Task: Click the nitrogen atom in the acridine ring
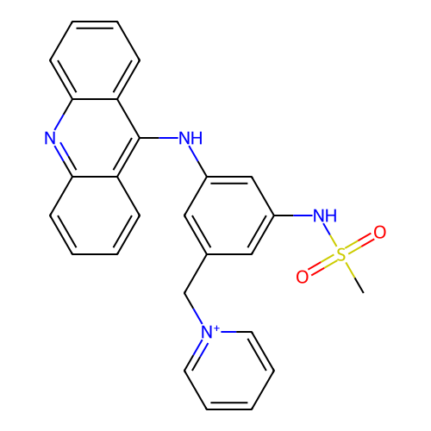[x=50, y=138]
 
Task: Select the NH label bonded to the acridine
[x=191, y=138]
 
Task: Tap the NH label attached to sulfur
[x=325, y=215]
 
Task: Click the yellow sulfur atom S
[x=341, y=254]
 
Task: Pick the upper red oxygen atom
[x=380, y=232]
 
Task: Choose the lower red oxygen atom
[x=303, y=277]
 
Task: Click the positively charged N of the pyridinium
[x=207, y=332]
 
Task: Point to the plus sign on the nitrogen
[x=216, y=328]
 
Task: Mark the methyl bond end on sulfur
[x=364, y=293]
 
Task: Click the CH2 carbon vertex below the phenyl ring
[x=184, y=293]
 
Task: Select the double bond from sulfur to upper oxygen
[x=360, y=243]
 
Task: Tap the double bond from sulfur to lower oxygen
[x=322, y=265]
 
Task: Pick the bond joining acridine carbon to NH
[x=159, y=138]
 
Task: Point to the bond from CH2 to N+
[x=193, y=309]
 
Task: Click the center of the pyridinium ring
[x=229, y=371]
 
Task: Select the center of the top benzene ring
[x=95, y=60]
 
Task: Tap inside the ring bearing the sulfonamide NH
[x=229, y=215]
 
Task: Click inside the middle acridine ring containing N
[x=95, y=138]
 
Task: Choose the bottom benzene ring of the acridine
[x=95, y=215]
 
